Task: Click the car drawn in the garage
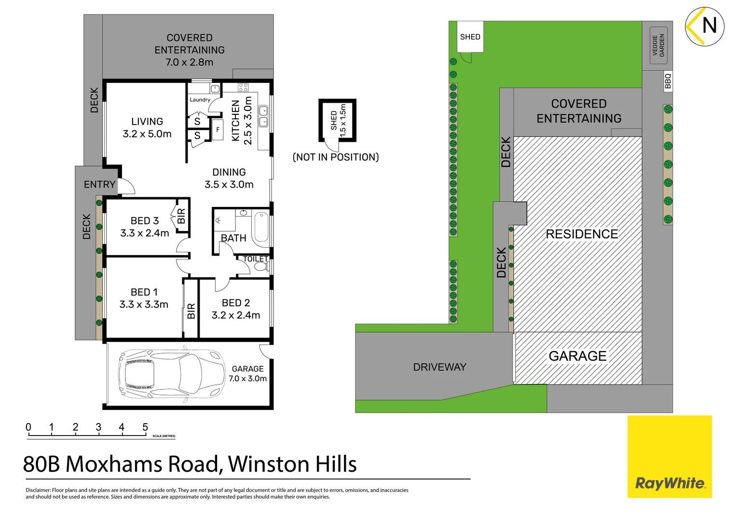coord(171,374)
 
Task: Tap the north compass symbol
coord(704,27)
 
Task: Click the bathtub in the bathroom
coord(261,227)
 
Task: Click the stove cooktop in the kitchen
coord(243,87)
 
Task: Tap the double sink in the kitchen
coord(263,116)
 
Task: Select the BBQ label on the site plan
coord(668,81)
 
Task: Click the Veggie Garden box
coord(658,45)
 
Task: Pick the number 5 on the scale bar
coord(145,427)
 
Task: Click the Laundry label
coord(200,100)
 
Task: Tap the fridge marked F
coord(218,130)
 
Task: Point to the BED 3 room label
coord(144,221)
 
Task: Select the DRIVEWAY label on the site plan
coord(439,367)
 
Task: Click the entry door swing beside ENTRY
coord(127,186)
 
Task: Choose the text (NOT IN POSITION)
coord(336,157)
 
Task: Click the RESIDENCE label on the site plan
coord(582,234)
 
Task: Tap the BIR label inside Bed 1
coord(191,311)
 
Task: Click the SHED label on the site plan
coord(470,37)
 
